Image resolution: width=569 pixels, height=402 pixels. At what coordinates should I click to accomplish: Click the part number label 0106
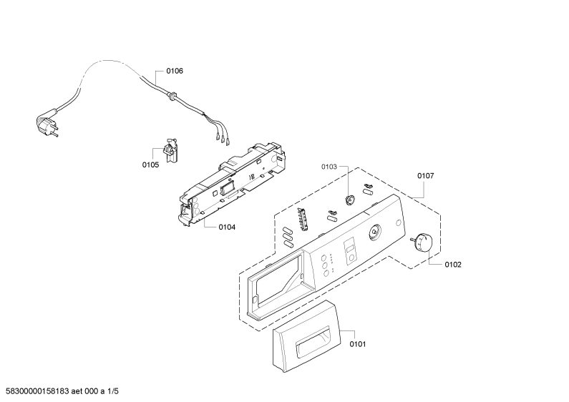[175, 71]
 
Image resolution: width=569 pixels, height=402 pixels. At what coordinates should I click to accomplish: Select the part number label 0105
[150, 165]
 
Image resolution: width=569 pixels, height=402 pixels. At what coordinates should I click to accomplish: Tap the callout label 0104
[227, 227]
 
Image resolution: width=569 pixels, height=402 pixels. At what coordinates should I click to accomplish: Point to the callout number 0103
[329, 167]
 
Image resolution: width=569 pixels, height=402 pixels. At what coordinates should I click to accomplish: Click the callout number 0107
[425, 176]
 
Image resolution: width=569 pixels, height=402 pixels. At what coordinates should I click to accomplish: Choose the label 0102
[453, 265]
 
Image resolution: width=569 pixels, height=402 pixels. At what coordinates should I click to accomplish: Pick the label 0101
[358, 344]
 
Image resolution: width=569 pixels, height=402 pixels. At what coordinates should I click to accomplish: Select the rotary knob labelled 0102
[422, 242]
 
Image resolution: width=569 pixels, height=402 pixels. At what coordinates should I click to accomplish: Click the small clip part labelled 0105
[170, 149]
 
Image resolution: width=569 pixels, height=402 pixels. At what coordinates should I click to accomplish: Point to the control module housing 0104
[231, 182]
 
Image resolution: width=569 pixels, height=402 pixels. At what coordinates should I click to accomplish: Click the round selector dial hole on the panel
[375, 232]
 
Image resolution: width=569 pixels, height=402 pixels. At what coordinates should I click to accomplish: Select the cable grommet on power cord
[172, 95]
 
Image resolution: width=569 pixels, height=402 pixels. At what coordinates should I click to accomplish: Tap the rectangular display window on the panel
[350, 249]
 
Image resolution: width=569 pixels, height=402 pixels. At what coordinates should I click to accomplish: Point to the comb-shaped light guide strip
[304, 219]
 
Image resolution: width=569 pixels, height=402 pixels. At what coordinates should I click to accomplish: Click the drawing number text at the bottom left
[59, 391]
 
